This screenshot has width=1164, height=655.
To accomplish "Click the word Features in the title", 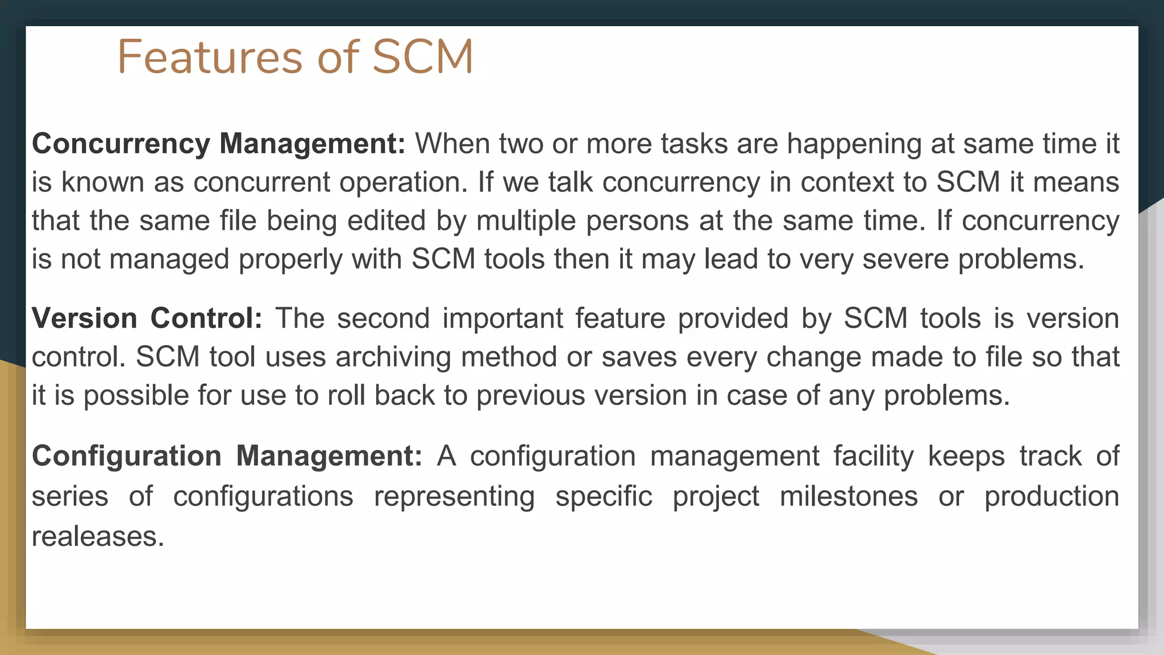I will pyautogui.click(x=210, y=57).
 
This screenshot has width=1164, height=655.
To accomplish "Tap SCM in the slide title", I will pyautogui.click(x=422, y=57).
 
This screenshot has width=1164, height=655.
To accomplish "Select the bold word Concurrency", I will pyautogui.click(x=121, y=143).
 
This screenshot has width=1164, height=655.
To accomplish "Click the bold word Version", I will pyautogui.click(x=85, y=318).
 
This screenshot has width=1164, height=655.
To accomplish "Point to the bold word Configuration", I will pyautogui.click(x=127, y=456).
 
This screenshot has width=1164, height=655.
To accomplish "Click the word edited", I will pyautogui.click(x=386, y=221).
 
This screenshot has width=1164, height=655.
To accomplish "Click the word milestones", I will pyautogui.click(x=849, y=496).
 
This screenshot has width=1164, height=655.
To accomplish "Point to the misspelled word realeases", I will pyautogui.click(x=97, y=536).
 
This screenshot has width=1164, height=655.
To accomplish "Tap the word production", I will pyautogui.click(x=1051, y=496).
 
